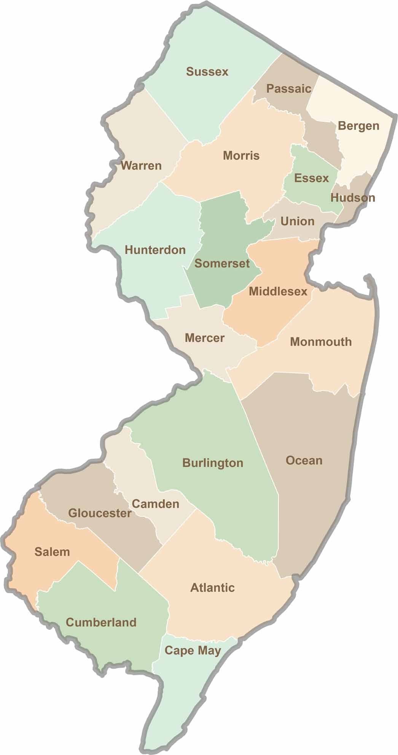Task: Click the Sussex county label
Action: click(x=207, y=72)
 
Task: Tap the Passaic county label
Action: click(x=288, y=89)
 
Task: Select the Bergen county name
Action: click(x=358, y=126)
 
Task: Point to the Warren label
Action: click(x=141, y=166)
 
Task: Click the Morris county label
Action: click(x=241, y=155)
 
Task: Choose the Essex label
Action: click(x=312, y=178)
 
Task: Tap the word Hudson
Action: click(x=353, y=198)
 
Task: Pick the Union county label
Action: click(x=297, y=221)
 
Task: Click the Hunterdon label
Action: click(x=155, y=250)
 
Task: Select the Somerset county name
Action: click(x=222, y=263)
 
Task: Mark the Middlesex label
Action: click(x=278, y=291)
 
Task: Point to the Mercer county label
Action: click(x=205, y=338)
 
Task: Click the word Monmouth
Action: click(x=321, y=342)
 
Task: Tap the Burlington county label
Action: click(x=213, y=463)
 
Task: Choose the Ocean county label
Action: click(x=304, y=460)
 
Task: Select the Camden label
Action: click(x=155, y=504)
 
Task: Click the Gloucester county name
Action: click(x=100, y=513)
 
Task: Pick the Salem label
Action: click(x=52, y=552)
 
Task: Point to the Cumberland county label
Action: click(x=101, y=623)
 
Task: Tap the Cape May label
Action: click(x=193, y=650)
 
